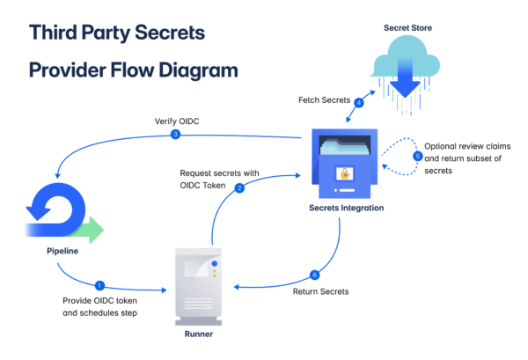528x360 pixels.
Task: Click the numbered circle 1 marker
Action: [99, 285]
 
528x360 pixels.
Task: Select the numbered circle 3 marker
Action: [176, 134]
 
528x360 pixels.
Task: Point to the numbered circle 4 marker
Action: [358, 103]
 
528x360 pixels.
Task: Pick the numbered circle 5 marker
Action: [418, 156]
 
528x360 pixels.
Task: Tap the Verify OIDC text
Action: [176, 120]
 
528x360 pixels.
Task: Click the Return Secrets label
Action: [320, 291]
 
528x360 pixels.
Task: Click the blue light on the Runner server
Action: [214, 264]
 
